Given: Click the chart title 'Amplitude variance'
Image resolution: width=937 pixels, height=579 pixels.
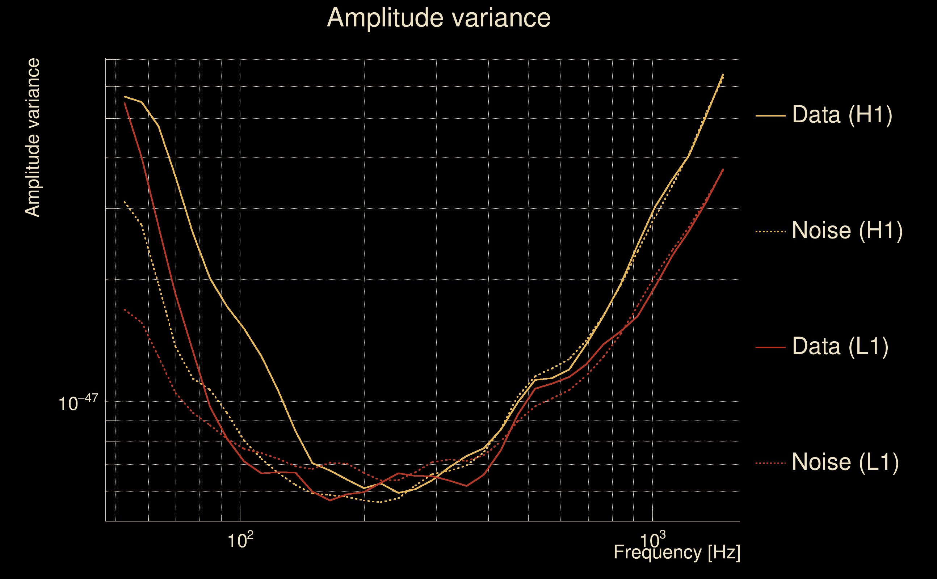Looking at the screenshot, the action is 438,18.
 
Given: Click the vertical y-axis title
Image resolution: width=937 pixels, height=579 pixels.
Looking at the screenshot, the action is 32,138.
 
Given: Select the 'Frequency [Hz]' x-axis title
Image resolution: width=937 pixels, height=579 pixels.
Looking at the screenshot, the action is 677,553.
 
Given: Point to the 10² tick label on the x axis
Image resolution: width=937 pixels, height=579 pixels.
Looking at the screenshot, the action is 240,540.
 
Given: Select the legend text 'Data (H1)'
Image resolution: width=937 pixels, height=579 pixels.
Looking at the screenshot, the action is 842,114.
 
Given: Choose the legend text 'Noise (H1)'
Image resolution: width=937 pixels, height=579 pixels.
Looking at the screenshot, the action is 847,231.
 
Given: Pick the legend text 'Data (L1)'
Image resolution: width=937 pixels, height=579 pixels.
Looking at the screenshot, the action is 840,347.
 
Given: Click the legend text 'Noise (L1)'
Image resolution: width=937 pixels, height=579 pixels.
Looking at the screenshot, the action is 845,462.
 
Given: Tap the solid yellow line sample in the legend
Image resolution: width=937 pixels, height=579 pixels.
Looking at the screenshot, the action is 770,115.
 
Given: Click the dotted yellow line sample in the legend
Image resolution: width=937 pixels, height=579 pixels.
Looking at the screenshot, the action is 770,231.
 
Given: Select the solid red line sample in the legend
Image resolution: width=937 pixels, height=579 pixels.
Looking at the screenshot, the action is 770,347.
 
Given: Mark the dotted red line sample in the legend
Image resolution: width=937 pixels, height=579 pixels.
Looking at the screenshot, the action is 770,463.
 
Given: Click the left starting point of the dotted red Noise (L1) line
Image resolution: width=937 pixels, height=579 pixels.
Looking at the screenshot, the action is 125,309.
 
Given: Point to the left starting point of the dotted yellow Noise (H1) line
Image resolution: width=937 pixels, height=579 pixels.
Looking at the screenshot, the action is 125,202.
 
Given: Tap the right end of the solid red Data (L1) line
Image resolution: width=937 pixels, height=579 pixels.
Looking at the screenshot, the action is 723,169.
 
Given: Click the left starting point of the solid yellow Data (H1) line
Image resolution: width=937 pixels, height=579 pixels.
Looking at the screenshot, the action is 125,97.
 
